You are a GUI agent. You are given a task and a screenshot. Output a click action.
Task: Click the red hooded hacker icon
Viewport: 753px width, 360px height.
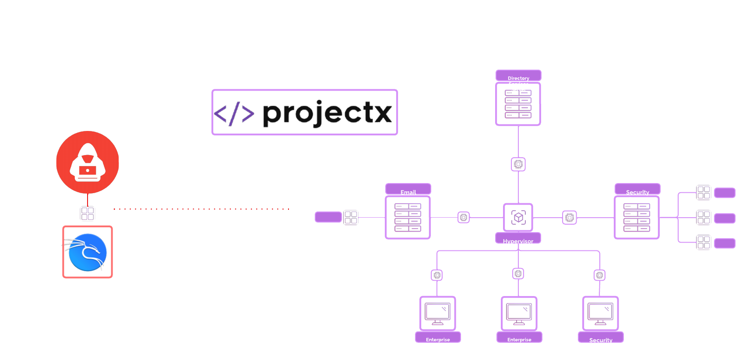click(88, 162)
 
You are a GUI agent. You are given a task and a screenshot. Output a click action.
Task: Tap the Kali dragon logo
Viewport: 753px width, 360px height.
click(88, 252)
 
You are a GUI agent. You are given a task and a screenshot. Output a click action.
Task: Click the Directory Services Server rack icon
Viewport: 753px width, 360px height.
click(518, 104)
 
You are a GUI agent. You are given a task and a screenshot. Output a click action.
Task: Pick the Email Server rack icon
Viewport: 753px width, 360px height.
click(408, 217)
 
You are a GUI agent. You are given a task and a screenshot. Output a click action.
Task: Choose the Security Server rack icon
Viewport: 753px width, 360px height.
click(637, 217)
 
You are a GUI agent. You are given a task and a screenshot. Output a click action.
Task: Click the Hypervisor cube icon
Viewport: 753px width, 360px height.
click(518, 217)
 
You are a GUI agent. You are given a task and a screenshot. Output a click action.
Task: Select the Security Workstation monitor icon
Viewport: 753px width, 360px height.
click(601, 313)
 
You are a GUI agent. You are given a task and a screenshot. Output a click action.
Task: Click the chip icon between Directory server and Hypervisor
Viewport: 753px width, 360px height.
click(518, 164)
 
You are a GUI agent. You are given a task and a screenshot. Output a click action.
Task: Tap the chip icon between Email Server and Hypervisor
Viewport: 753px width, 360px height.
click(464, 217)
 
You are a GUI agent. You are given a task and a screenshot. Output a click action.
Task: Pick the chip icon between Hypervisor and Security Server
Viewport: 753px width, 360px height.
click(570, 217)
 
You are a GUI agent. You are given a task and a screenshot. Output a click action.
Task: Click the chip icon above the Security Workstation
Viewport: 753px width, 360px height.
click(600, 275)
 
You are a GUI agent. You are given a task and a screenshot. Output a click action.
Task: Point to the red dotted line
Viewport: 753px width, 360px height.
click(201, 209)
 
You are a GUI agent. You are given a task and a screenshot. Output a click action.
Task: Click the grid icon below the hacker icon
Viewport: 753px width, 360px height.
click(88, 214)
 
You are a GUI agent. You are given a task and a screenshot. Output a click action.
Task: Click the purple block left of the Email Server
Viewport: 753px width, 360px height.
click(328, 217)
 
